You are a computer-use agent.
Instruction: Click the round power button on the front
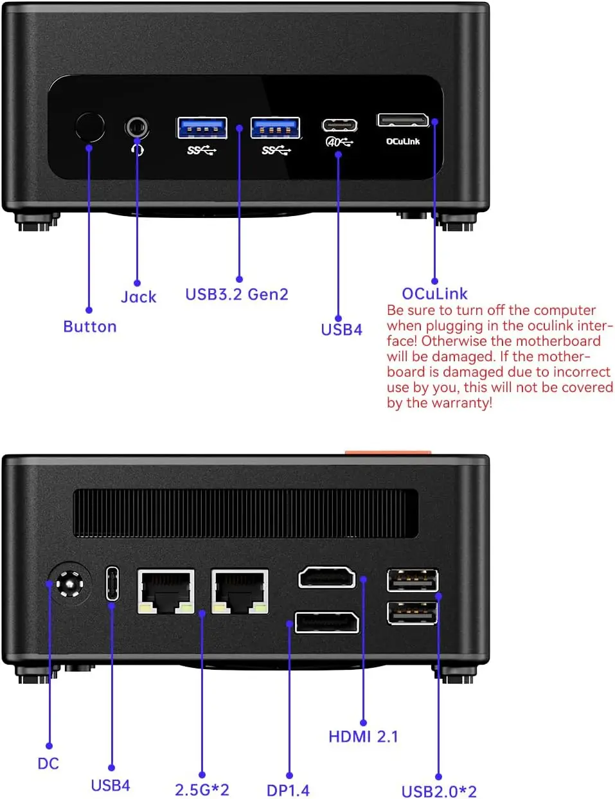click(89, 127)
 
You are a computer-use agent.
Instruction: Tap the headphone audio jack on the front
click(136, 127)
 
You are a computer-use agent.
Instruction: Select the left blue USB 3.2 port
click(202, 128)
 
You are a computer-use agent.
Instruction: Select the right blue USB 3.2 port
click(275, 128)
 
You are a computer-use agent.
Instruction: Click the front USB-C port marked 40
click(339, 125)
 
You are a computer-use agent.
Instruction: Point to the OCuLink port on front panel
click(402, 120)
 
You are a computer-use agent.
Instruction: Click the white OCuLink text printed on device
click(403, 141)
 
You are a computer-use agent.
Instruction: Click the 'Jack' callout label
click(139, 297)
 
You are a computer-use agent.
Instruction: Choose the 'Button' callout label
click(90, 327)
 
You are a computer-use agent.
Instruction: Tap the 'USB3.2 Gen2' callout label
click(236, 294)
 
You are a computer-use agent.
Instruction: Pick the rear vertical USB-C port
click(112, 583)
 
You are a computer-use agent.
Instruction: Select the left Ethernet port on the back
click(166, 590)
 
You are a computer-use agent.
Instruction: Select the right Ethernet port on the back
click(240, 590)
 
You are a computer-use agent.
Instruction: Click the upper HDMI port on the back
click(326, 578)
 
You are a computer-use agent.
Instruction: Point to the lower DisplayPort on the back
click(326, 622)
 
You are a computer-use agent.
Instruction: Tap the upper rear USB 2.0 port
click(413, 580)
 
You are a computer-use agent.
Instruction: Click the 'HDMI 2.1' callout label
click(363, 737)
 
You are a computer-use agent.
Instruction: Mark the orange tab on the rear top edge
click(388, 453)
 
